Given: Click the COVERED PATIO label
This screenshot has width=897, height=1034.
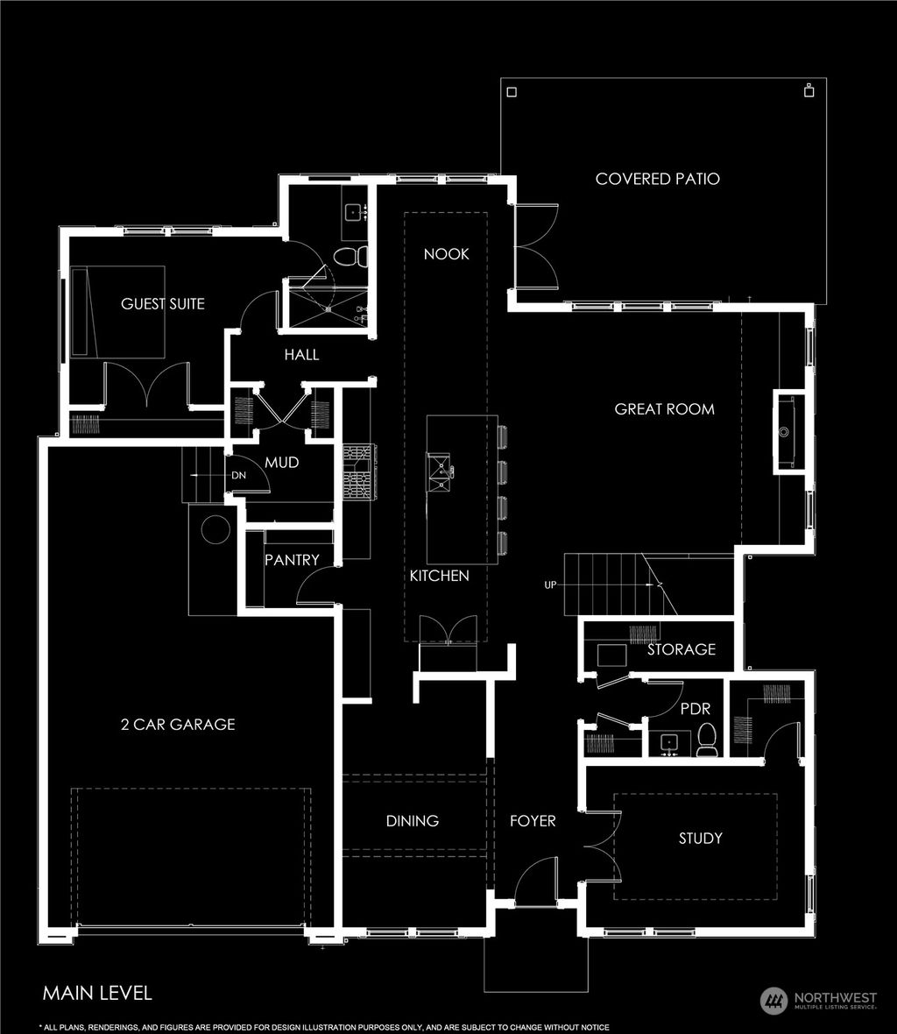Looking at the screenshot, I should (x=657, y=179).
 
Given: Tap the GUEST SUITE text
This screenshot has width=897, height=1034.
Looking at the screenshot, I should (x=162, y=304).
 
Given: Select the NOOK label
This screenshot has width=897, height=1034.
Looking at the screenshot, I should (x=446, y=254).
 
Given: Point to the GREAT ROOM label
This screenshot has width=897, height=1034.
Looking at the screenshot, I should (x=664, y=409).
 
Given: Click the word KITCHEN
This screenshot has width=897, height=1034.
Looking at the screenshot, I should (x=440, y=576).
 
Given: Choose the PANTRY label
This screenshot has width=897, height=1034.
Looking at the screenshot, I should (x=292, y=560).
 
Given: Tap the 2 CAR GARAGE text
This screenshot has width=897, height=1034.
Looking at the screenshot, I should (x=178, y=725).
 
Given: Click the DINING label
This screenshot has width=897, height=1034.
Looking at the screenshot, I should (x=413, y=821).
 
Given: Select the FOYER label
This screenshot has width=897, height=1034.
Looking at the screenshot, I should (x=533, y=821).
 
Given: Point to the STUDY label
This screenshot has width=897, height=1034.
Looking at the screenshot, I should (x=701, y=839).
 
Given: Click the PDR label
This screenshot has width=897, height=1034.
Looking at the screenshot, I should (x=695, y=708).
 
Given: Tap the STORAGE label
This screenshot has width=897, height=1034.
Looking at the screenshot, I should (x=681, y=649).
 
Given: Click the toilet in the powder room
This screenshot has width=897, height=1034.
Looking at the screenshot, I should (x=707, y=741).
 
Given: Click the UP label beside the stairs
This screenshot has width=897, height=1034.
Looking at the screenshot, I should (x=550, y=585).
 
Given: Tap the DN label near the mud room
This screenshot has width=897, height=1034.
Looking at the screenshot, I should (x=237, y=476).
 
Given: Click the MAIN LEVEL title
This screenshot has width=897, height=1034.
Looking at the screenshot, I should (x=97, y=993).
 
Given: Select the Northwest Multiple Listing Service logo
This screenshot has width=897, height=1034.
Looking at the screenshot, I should (x=818, y=1000).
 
